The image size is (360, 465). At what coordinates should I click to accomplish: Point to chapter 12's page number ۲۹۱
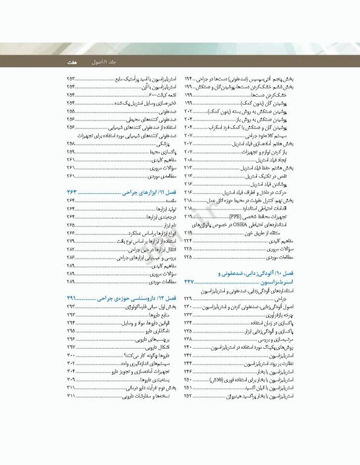point(74,298)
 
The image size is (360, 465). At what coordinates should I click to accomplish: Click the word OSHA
point(241,224)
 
